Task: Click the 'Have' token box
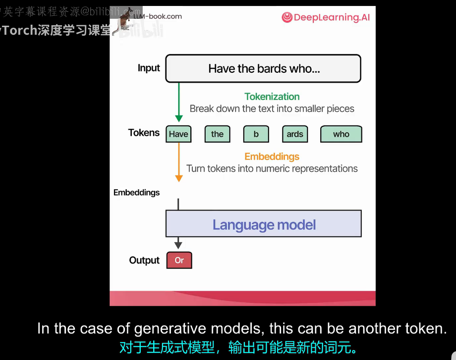pos(178,134)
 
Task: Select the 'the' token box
pos(217,134)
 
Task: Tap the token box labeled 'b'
pos(256,134)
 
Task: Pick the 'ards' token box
pos(295,134)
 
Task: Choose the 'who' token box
pos(341,134)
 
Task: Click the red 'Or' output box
pos(179,260)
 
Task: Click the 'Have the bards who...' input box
pos(263,68)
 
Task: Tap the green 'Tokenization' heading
pos(272,97)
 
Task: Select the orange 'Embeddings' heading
pos(272,156)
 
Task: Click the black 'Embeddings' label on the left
pos(137,193)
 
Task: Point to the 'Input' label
pos(149,68)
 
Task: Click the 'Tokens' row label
pos(144,133)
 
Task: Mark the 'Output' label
pos(144,260)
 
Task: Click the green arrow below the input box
pos(178,102)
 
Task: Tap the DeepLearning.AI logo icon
pos(286,17)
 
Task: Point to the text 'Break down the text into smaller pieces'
pos(272,109)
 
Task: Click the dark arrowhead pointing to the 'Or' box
pos(178,245)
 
